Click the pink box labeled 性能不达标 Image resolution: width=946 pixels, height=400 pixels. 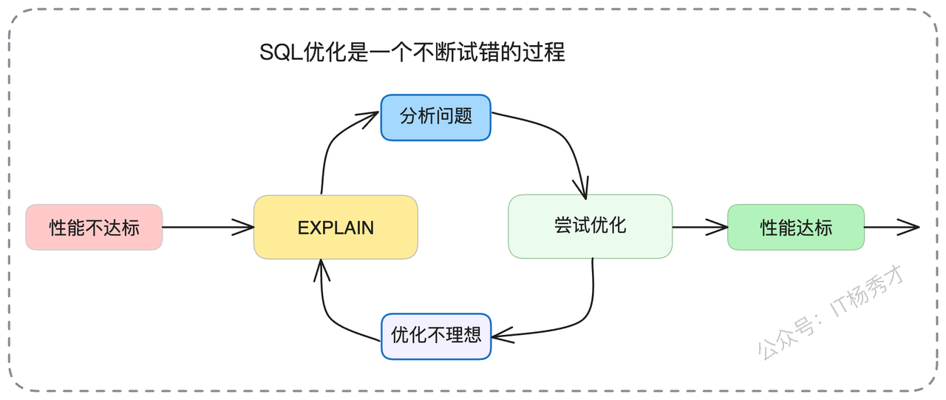94,227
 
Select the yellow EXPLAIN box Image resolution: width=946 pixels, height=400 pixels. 336,227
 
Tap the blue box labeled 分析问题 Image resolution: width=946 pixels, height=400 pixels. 436,118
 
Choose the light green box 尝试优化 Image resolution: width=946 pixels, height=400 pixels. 590,226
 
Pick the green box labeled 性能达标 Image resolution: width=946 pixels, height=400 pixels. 796,227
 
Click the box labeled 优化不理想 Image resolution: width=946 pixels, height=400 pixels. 436,336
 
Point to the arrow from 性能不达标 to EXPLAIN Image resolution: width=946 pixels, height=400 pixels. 208,227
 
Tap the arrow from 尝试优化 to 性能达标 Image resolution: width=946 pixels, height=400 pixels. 700,227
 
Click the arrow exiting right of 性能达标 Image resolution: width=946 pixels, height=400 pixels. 891,227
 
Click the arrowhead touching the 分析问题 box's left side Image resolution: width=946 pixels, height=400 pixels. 367,118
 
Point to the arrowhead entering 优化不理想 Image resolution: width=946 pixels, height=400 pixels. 503,336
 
